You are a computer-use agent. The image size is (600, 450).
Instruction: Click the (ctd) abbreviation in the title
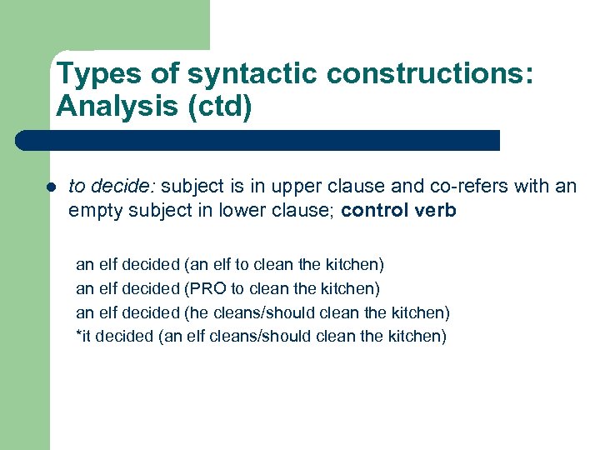pyautogui.click(x=222, y=107)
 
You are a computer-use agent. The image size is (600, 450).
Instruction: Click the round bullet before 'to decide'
pyautogui.click(x=52, y=187)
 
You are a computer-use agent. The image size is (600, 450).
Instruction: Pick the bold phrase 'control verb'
pyautogui.click(x=398, y=210)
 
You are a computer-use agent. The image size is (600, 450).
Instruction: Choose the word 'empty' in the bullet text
pyautogui.click(x=93, y=210)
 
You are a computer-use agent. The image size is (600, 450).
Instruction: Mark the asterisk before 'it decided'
pyautogui.click(x=78, y=336)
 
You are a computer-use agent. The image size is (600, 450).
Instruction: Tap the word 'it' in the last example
pyautogui.click(x=86, y=337)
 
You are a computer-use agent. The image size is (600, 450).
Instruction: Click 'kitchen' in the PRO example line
pyautogui.click(x=352, y=289)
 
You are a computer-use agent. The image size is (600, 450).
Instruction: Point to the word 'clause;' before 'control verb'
pyautogui.click(x=306, y=210)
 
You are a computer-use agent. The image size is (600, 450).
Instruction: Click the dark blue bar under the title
pyautogui.click(x=258, y=140)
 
